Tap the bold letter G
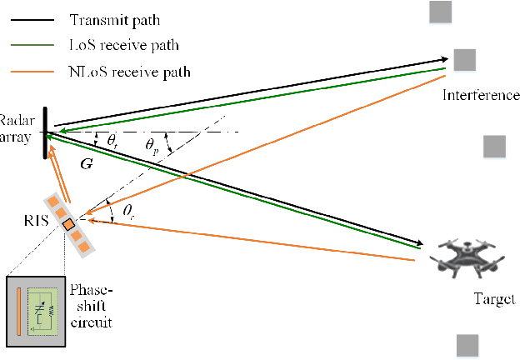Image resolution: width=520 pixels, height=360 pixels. click(x=87, y=164)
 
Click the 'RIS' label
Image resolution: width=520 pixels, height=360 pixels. click(x=37, y=221)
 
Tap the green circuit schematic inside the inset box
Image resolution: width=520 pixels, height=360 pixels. click(x=42, y=311)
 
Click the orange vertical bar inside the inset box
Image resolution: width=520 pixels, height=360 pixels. click(x=17, y=310)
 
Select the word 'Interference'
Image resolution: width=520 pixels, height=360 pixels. click(x=481, y=94)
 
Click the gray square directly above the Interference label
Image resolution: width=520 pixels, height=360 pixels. click(x=464, y=60)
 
